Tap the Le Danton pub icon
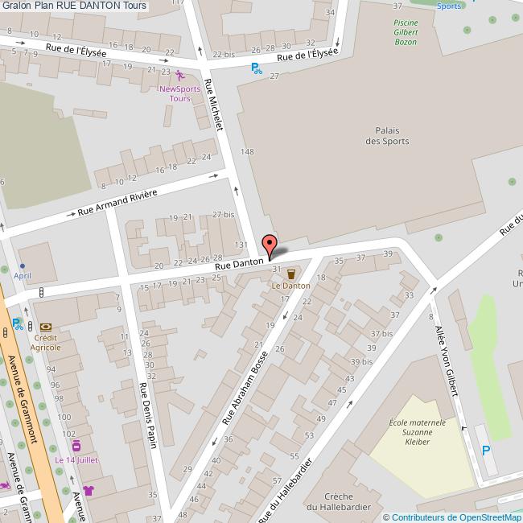click(x=290, y=274)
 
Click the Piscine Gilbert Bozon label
click(x=406, y=32)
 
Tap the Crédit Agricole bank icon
click(x=45, y=327)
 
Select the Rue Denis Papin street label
click(x=148, y=410)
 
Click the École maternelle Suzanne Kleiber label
click(x=417, y=432)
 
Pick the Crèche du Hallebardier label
click(x=350, y=502)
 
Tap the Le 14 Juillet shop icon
click(x=76, y=446)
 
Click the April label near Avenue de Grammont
click(x=23, y=274)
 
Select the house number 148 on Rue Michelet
click(x=247, y=152)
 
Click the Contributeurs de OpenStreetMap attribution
click(x=452, y=517)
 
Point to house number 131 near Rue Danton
click(x=240, y=245)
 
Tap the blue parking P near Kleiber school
click(x=484, y=451)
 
